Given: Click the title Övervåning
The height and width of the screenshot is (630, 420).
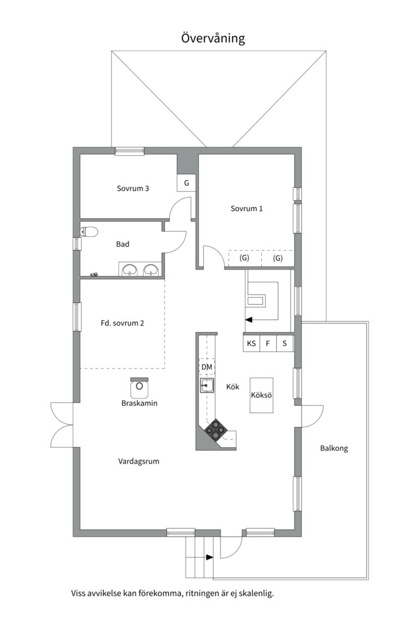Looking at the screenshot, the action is (x=213, y=38).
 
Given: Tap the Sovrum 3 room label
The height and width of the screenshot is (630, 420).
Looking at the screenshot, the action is (x=133, y=188).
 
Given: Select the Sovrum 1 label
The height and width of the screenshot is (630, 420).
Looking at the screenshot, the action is (x=246, y=208).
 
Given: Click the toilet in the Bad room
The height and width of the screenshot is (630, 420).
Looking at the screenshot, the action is (x=89, y=232).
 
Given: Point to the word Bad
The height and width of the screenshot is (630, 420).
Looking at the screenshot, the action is (x=123, y=244).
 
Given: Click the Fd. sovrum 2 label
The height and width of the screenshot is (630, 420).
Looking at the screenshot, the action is (x=122, y=323).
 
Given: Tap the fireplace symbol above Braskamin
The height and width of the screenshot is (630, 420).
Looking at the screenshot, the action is (x=139, y=387).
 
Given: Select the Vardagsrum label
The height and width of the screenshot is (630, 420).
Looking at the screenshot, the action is (x=139, y=461).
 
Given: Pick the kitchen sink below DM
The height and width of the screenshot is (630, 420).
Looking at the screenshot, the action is (x=207, y=386).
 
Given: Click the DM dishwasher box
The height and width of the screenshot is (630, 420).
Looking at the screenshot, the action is (x=206, y=367).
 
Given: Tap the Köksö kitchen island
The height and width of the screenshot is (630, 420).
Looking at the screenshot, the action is (x=262, y=395).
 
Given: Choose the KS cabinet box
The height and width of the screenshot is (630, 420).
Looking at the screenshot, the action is (x=251, y=344).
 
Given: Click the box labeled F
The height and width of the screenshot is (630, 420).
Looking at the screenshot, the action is (x=268, y=344).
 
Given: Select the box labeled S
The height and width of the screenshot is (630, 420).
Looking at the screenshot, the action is (x=285, y=344).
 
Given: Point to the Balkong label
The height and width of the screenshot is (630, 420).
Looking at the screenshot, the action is (x=334, y=448).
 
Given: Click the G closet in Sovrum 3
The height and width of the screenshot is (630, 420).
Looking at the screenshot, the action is (x=187, y=183).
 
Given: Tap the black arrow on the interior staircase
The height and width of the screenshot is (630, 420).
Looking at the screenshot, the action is (x=249, y=320).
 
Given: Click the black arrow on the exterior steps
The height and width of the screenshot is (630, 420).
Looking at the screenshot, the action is (x=209, y=557).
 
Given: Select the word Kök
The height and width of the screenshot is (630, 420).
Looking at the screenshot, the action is (x=233, y=387).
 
